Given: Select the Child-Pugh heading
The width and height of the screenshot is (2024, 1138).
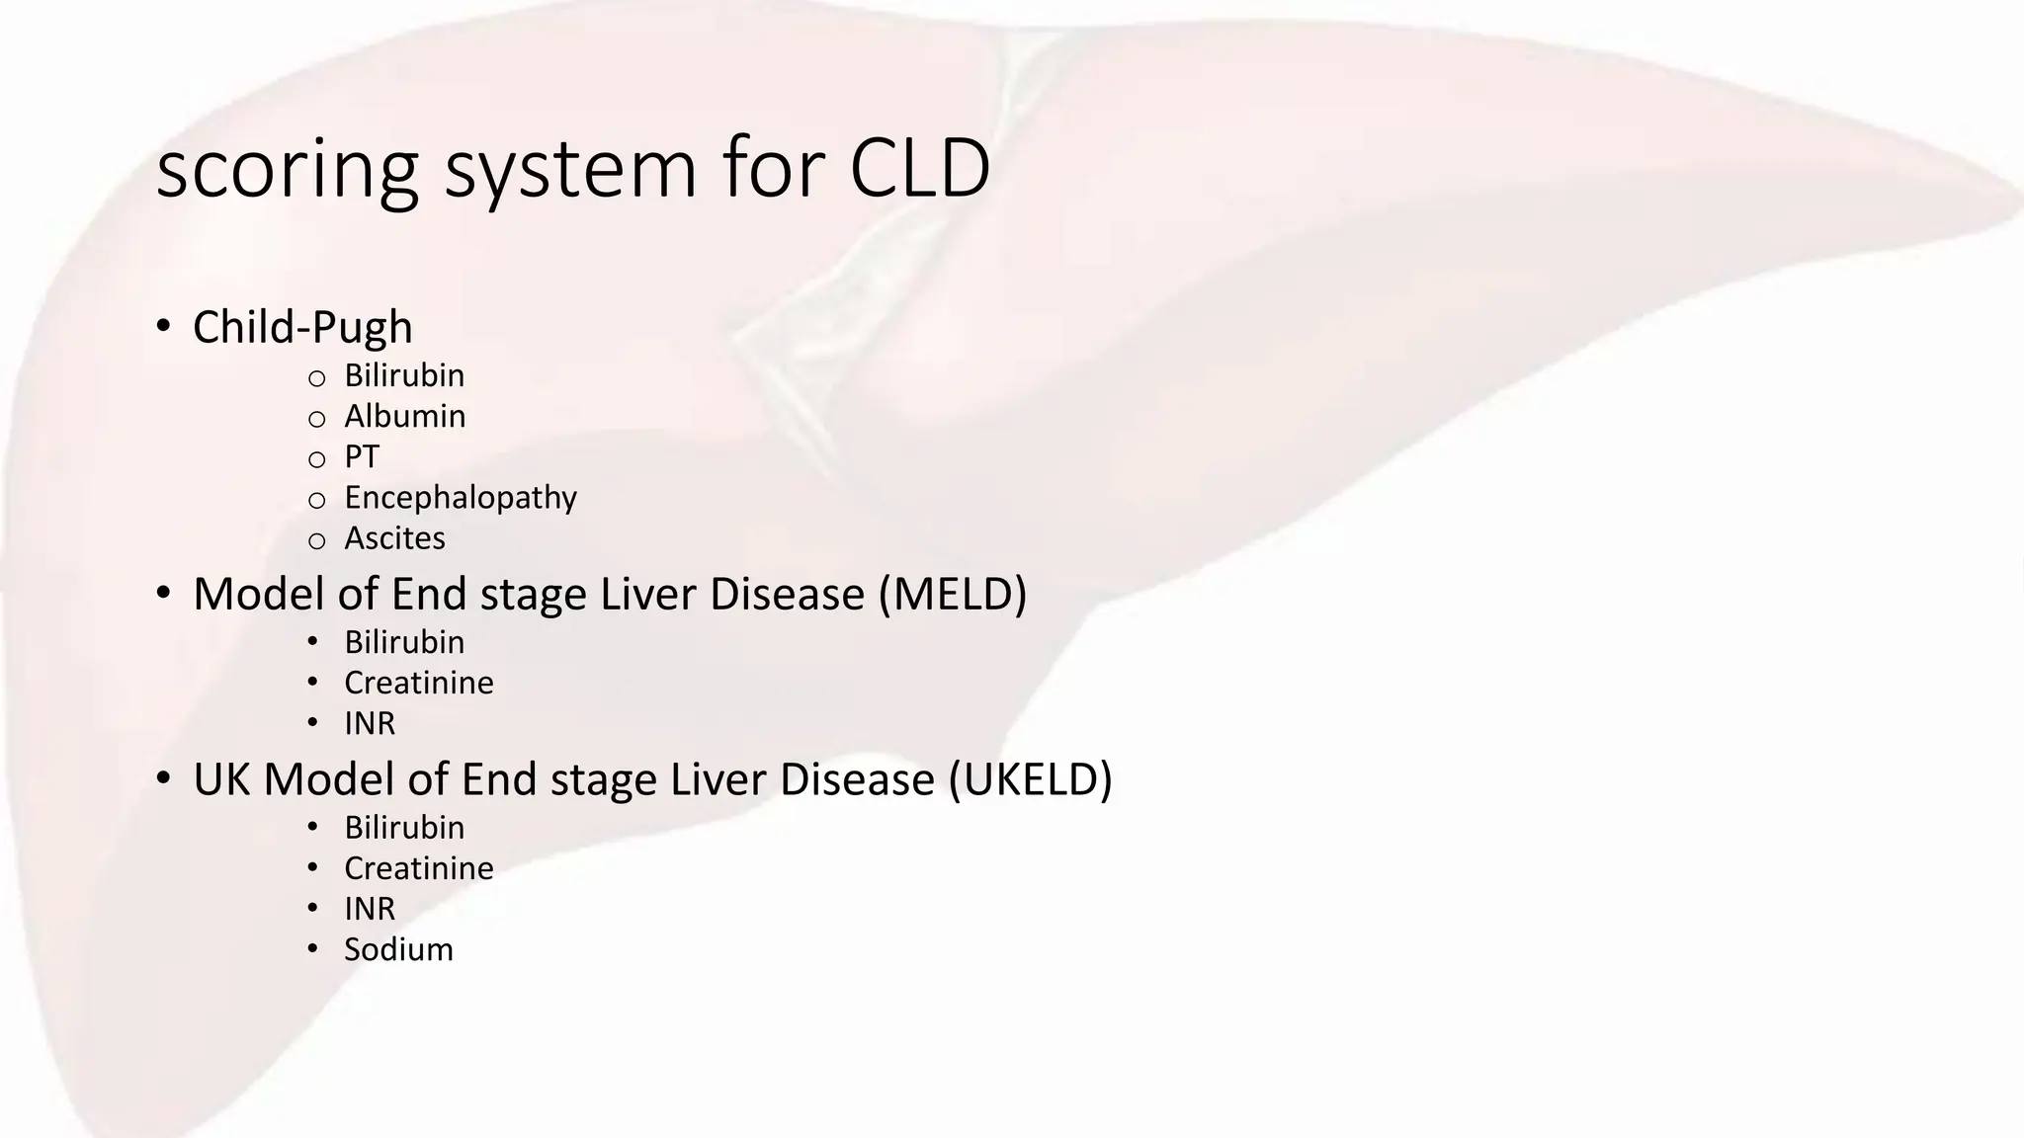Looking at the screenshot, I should tap(302, 328).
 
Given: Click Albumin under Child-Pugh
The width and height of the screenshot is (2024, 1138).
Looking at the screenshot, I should tap(404, 416).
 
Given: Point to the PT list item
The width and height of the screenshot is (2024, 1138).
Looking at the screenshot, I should tap(361, 456).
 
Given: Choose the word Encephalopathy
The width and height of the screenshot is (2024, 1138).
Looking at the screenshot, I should tap(460, 498).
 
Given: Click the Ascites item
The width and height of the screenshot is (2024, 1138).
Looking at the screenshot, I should tap(394, 538).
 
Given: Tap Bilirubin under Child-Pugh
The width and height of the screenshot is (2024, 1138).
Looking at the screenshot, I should tap(404, 375).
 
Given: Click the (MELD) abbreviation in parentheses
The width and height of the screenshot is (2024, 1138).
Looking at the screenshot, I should tap(953, 594).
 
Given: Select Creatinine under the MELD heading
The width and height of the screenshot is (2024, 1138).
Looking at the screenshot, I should tap(418, 683).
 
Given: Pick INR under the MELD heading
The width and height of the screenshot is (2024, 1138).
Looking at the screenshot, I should tap(369, 723).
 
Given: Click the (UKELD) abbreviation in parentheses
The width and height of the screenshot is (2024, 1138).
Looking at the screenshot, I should tap(1030, 779).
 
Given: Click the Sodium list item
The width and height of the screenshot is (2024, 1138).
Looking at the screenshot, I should tap(398, 949).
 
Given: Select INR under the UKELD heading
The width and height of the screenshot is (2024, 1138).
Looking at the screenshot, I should tap(369, 909).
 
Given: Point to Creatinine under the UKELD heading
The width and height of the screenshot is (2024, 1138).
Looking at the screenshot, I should tap(418, 868).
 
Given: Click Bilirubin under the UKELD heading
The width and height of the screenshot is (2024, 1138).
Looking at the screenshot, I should tap(404, 828).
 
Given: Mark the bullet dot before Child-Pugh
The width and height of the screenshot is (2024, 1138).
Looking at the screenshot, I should tap(164, 325).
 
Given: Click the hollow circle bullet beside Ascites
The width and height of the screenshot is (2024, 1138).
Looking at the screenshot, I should tap(316, 540).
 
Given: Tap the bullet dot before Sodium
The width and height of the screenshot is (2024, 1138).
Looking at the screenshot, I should tap(312, 948).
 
